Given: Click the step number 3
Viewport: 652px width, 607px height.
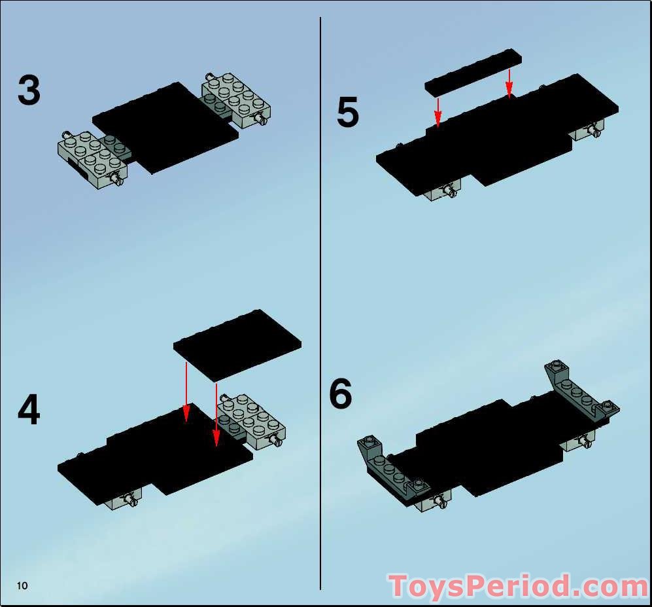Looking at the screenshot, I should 29,90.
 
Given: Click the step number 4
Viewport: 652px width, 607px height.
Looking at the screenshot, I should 29,411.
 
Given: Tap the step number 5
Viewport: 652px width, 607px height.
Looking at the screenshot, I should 347,113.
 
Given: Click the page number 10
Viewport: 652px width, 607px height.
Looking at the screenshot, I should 23,585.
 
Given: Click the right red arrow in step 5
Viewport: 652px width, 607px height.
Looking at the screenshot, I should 509,82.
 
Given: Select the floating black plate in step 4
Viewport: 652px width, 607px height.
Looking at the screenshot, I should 237,344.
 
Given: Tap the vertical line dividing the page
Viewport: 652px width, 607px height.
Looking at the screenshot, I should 320,301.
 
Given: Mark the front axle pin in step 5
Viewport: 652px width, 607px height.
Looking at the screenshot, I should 450,190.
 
